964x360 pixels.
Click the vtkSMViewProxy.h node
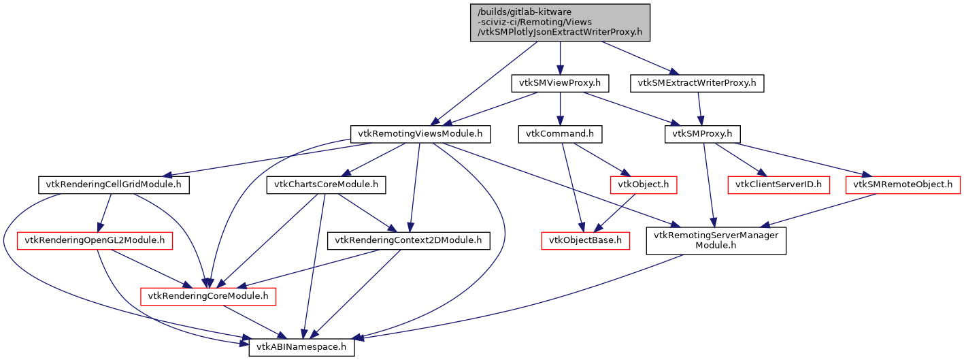[560, 84]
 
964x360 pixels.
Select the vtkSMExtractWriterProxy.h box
[697, 84]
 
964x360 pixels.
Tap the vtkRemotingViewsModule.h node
[420, 134]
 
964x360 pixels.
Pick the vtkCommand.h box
[560, 134]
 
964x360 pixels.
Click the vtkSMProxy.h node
[702, 134]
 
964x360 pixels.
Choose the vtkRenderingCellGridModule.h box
[114, 184]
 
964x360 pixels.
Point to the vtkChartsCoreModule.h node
[326, 184]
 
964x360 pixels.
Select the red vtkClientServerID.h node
[778, 184]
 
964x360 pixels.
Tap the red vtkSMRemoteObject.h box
[902, 184]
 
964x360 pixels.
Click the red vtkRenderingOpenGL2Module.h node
[95, 240]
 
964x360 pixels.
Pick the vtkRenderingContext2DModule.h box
[409, 240]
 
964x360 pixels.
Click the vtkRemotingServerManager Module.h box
[716, 240]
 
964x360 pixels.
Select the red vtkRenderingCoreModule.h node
[207, 296]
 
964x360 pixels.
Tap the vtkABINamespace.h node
[301, 346]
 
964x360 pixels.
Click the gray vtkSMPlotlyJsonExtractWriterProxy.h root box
[560, 22]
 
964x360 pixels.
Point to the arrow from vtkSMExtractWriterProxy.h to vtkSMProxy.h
[700, 109]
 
